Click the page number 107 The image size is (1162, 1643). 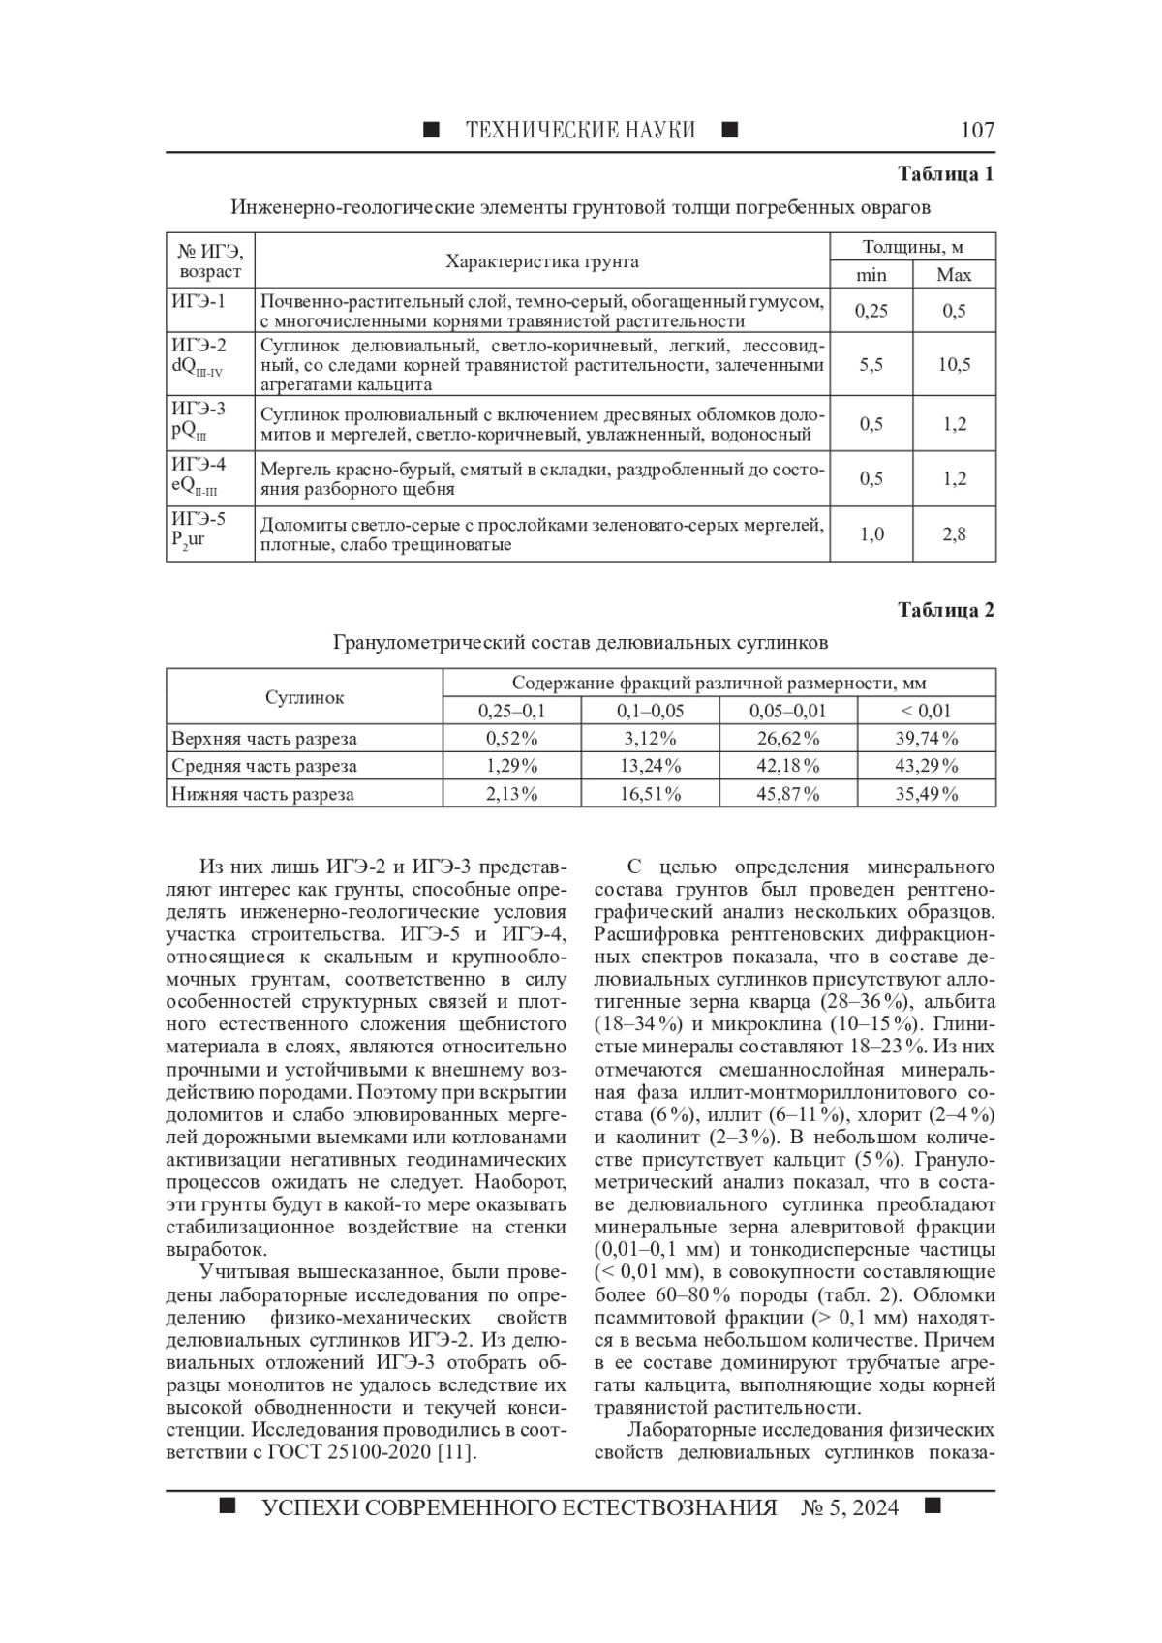click(x=976, y=130)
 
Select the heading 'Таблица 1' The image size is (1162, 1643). click(x=945, y=175)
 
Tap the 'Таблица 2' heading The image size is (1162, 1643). click(x=945, y=610)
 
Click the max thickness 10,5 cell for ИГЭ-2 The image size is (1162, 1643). click(x=954, y=365)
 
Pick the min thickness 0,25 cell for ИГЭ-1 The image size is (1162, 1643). click(x=871, y=311)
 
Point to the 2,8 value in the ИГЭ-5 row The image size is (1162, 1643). click(x=954, y=534)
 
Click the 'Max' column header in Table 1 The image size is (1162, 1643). click(x=954, y=275)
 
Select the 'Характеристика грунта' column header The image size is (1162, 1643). click(x=541, y=261)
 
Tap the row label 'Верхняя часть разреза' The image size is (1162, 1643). click(x=264, y=739)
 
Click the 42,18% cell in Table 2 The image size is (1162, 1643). click(x=788, y=766)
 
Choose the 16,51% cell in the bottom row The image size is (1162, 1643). click(x=650, y=794)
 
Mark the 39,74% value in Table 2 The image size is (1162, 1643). click(x=926, y=739)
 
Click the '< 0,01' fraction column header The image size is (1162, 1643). click(x=926, y=711)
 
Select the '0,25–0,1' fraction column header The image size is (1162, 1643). click(x=511, y=711)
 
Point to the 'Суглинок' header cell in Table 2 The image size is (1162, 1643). click(x=304, y=697)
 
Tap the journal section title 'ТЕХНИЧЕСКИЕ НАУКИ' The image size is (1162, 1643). click(x=580, y=130)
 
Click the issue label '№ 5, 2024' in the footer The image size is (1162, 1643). click(x=849, y=1507)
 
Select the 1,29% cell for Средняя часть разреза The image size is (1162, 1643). click(x=511, y=766)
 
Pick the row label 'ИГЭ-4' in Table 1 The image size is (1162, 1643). click(x=199, y=465)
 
